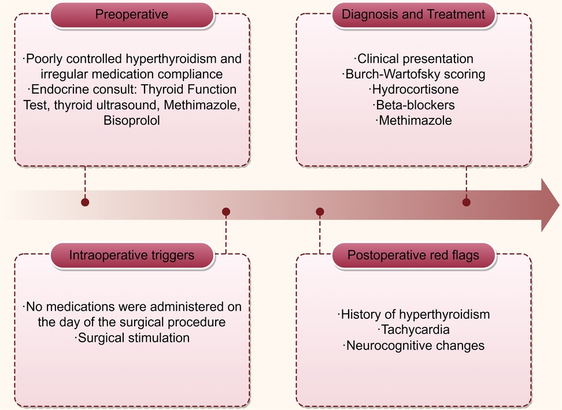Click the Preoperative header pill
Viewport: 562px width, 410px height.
click(132, 14)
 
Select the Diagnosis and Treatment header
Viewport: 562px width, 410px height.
click(413, 14)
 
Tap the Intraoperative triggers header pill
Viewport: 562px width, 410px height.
click(132, 255)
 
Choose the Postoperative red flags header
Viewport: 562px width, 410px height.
click(413, 255)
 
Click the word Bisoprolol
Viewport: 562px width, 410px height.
click(132, 121)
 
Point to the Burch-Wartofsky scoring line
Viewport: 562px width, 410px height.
click(413, 74)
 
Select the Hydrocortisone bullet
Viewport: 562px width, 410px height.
click(413, 90)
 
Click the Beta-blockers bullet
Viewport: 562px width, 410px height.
click(413, 105)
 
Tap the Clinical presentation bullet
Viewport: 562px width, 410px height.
click(413, 59)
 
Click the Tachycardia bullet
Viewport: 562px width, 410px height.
click(413, 330)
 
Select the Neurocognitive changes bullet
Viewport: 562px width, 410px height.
click(413, 346)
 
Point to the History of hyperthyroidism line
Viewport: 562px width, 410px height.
click(413, 315)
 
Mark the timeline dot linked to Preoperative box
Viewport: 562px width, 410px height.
click(86, 203)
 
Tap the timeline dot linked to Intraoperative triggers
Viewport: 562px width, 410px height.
click(226, 212)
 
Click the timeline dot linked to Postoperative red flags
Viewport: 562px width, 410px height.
click(320, 212)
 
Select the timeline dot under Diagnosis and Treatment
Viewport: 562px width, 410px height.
click(467, 202)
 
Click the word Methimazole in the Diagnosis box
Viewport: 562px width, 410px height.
click(413, 121)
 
